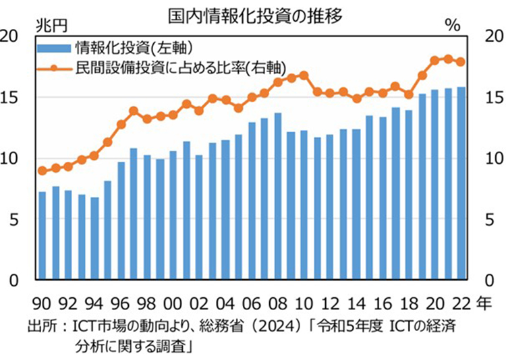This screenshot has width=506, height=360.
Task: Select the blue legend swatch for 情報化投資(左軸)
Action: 55,47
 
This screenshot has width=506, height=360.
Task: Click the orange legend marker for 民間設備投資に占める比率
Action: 55,67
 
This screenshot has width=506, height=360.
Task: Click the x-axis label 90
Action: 43,302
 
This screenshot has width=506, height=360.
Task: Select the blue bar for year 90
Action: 43,236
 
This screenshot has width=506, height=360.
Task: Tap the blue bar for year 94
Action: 94,239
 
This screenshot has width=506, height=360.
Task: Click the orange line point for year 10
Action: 304,75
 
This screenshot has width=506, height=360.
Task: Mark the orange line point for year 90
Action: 43,171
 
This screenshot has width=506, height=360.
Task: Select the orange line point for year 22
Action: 460,62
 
